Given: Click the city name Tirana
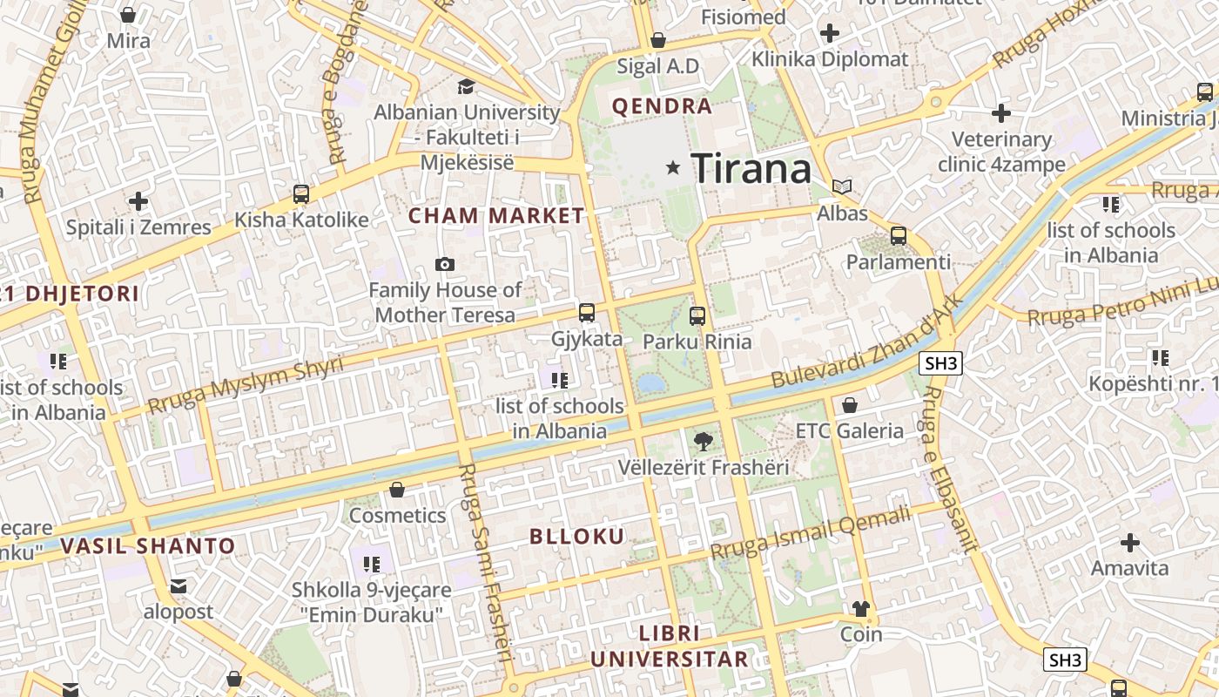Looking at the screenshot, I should [x=751, y=168].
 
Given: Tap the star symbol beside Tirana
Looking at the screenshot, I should [x=672, y=167].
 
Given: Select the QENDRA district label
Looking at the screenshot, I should [x=662, y=107].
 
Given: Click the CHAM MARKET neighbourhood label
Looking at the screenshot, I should [x=496, y=216].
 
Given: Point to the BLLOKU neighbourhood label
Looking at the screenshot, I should [x=577, y=537].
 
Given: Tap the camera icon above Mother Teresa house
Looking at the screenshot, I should [x=445, y=264].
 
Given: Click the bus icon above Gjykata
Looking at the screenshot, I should [x=587, y=312].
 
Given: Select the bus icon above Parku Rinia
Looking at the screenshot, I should [x=697, y=315].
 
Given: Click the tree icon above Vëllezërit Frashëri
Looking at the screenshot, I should [x=703, y=442].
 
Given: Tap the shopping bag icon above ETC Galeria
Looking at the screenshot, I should [x=850, y=405].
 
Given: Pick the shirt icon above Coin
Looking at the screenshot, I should [x=860, y=608].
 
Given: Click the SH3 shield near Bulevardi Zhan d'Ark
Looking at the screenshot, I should [x=940, y=363].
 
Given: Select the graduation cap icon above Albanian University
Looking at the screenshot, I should [x=466, y=86].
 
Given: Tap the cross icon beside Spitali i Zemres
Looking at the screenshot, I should [x=138, y=202].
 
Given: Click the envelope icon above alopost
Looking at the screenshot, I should [x=178, y=586].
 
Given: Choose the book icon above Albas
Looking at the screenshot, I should [x=842, y=186].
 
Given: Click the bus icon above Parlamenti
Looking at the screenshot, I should [x=899, y=235].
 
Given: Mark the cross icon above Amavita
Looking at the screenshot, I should [x=1129, y=543].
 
